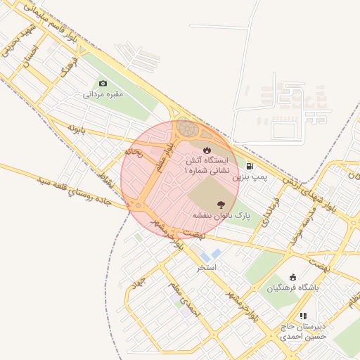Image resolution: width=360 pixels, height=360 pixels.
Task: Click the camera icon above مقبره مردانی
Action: [x=103, y=84]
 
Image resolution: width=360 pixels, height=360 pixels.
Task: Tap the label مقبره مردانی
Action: [x=103, y=94]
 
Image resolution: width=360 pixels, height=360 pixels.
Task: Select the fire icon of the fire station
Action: [x=207, y=150]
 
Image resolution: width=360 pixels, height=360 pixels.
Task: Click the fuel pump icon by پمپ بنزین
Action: [x=250, y=167]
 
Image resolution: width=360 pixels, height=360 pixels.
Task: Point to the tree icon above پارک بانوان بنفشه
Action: [x=221, y=202]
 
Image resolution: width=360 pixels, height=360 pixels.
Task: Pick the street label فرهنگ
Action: [x=67, y=67]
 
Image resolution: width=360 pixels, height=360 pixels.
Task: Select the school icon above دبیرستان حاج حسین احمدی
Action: [x=304, y=316]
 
